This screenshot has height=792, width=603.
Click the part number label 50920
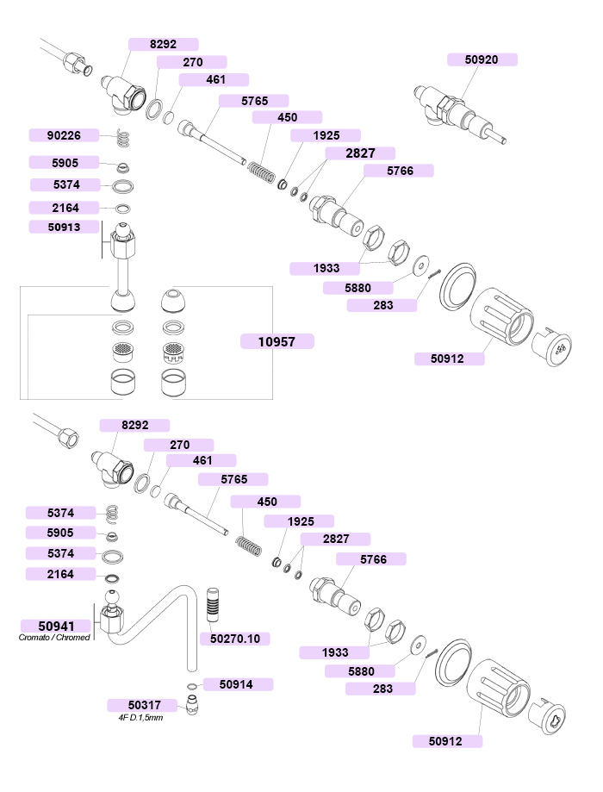coord(482,59)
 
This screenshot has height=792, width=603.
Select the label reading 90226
coord(64,135)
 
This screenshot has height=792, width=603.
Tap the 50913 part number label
coord(64,227)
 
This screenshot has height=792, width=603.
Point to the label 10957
coord(277,341)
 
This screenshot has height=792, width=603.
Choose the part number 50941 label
coord(56,626)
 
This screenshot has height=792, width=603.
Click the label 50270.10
coord(235,639)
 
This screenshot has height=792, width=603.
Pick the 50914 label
coord(236,684)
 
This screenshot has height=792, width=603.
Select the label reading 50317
coord(145,705)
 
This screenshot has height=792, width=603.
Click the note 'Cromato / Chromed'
coord(54,638)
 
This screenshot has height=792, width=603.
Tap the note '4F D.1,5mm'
coord(141,718)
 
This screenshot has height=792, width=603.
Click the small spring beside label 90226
coord(123,138)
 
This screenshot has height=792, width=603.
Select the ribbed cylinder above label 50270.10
coord(213,605)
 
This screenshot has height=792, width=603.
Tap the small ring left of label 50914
coord(192,686)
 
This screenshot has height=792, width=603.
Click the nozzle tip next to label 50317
coord(192,705)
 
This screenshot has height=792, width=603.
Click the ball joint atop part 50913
coord(122,230)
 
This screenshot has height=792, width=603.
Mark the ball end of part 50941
coord(112,597)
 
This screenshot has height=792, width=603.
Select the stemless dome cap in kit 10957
coord(173,301)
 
